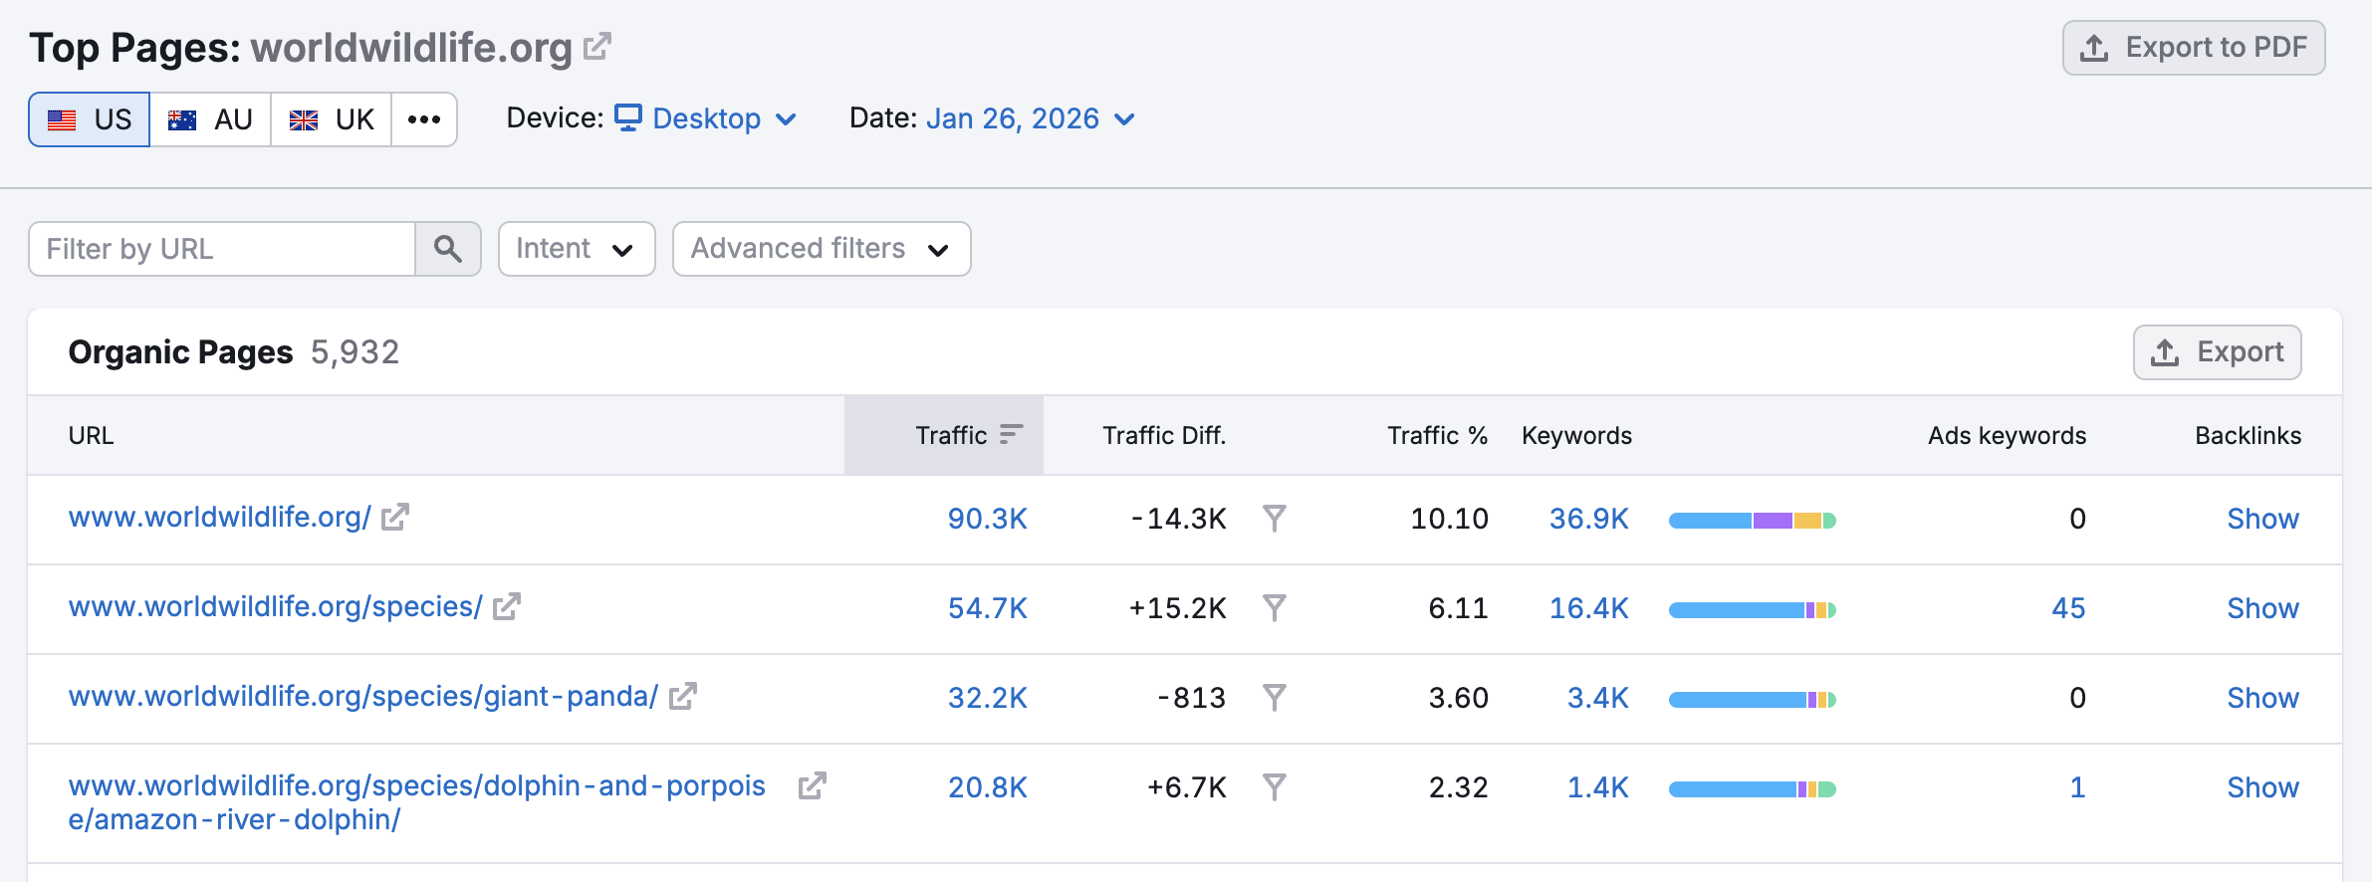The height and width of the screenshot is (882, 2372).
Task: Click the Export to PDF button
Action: click(x=2193, y=48)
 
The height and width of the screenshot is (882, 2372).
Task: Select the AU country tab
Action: click(x=210, y=119)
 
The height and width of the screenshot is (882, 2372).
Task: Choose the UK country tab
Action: click(x=331, y=119)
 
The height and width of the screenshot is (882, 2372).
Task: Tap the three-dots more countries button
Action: click(x=424, y=119)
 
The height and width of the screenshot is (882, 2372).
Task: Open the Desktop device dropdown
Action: click(x=706, y=119)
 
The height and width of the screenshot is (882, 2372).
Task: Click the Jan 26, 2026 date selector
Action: click(x=1030, y=119)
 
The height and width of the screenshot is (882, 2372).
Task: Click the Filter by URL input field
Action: click(x=222, y=249)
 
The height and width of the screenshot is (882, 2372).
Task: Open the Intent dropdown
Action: click(x=576, y=249)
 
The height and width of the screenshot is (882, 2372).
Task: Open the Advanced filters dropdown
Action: click(x=821, y=249)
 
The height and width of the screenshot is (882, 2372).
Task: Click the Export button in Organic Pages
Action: click(x=2217, y=352)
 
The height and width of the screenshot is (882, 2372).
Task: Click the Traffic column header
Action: click(x=951, y=436)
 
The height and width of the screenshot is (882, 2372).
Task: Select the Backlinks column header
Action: click(x=2248, y=436)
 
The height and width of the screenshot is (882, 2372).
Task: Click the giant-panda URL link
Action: click(x=362, y=697)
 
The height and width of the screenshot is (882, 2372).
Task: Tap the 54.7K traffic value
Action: click(x=987, y=608)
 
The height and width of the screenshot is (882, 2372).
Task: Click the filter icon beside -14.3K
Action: click(x=1274, y=519)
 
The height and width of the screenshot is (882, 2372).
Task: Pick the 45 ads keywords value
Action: click(x=2068, y=608)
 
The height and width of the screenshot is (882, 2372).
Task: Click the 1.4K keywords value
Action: click(x=1597, y=787)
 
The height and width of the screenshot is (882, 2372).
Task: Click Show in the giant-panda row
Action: click(x=2262, y=698)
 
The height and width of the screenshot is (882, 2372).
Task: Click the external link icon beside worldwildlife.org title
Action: click(x=596, y=47)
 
